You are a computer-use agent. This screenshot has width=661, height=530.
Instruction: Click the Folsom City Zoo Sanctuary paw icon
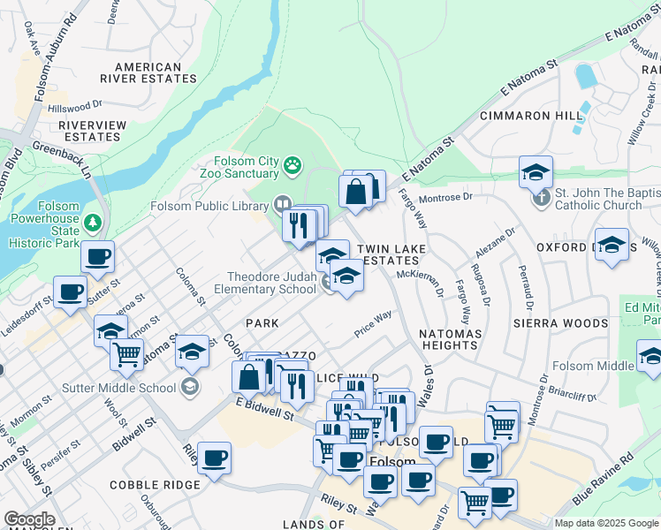click(293, 164)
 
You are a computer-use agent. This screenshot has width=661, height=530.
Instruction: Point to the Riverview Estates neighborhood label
click(93, 131)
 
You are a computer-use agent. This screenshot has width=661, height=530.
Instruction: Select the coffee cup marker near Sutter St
click(97, 258)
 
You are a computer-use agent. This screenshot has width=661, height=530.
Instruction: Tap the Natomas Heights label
click(450, 339)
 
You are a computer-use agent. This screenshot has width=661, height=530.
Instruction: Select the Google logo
click(29, 519)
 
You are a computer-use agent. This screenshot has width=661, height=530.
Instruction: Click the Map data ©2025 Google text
click(605, 523)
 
